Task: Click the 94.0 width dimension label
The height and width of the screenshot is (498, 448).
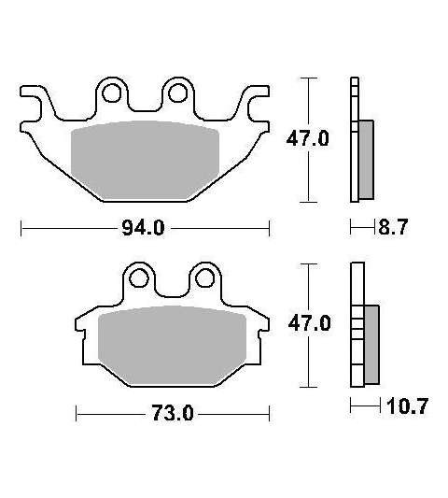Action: coord(143,228)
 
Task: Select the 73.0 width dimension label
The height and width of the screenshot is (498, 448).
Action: coord(172,414)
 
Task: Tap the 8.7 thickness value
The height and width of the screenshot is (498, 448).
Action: coord(393,227)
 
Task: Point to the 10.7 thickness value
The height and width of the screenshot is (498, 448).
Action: coord(407,406)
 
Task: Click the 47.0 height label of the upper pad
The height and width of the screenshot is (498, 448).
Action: coord(307,139)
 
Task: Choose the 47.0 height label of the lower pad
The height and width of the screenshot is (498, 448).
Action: coord(309,323)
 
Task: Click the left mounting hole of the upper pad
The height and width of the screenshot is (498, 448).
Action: coord(111,92)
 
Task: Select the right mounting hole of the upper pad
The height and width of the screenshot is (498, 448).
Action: coord(177,92)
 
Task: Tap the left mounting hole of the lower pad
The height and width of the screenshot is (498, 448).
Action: coord(139,278)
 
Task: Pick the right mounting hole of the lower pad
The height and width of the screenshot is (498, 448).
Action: coord(205,278)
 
